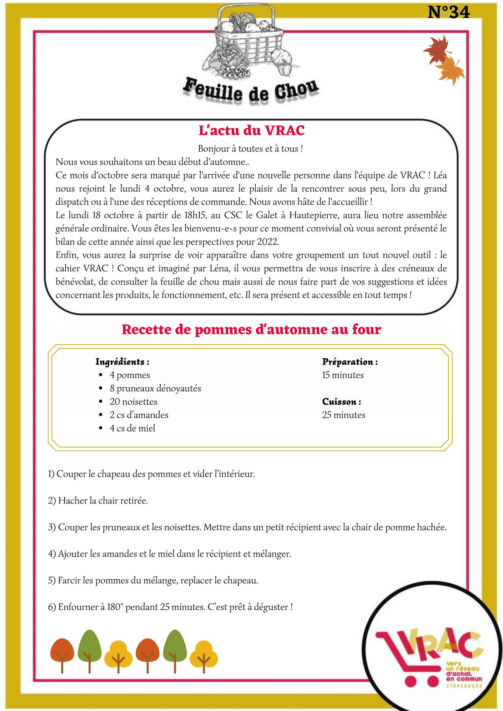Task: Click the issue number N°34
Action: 448,12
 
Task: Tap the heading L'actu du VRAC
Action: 252,130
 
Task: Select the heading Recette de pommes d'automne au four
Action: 251,329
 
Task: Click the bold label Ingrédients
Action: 122,362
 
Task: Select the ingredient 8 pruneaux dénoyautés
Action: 155,388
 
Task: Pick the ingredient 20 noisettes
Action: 133,402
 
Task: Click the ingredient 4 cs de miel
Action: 132,428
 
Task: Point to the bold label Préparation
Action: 350,362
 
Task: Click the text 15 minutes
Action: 343,375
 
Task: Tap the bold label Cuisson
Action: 341,402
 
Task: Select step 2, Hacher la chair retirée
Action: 98,501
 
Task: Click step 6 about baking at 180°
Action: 170,607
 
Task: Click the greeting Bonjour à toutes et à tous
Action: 250,149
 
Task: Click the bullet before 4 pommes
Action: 101,375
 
